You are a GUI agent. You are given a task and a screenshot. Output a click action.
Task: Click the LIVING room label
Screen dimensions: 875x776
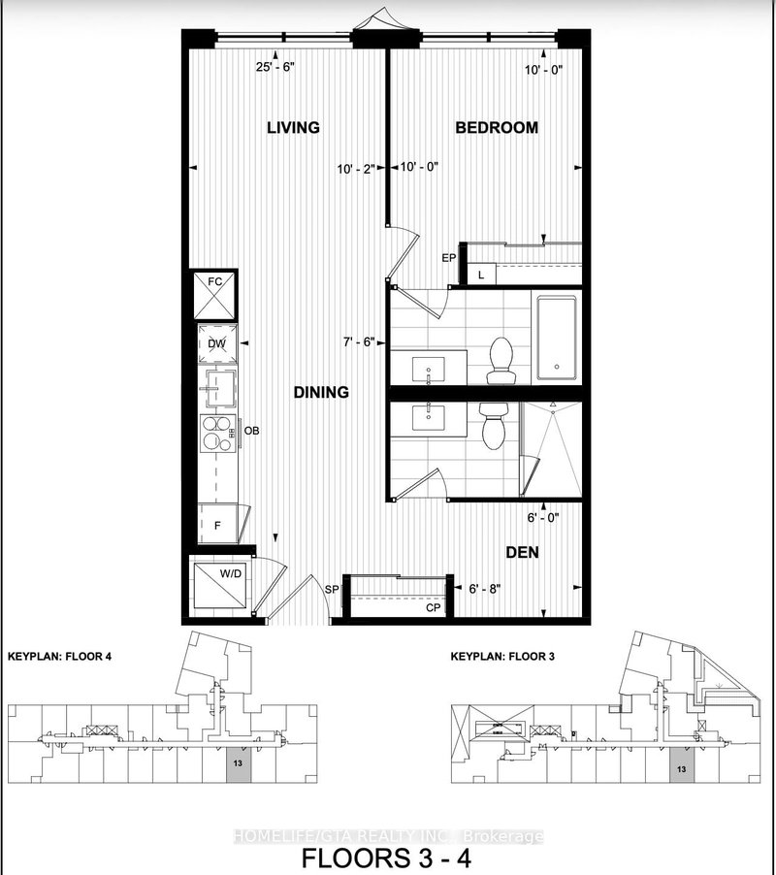click(x=293, y=128)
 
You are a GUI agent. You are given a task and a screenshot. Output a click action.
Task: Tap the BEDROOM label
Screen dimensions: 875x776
click(x=497, y=128)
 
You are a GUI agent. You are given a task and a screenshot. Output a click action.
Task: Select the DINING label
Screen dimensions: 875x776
click(x=321, y=392)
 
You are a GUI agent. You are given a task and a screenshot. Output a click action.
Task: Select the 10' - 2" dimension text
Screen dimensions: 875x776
click(x=356, y=167)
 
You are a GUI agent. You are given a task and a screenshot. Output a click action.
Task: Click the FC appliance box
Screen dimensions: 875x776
click(x=214, y=295)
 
